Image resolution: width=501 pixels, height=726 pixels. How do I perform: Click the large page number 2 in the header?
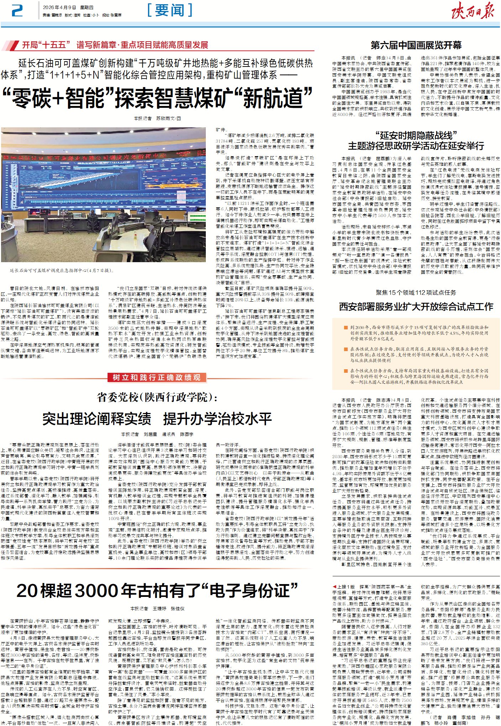point(17,11)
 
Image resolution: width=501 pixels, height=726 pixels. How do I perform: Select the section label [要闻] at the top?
point(170,10)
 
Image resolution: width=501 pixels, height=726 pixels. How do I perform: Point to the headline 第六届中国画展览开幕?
point(416,45)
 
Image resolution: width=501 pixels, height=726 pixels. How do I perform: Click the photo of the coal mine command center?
point(103,195)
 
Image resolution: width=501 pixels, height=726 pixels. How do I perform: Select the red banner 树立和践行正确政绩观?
point(157,377)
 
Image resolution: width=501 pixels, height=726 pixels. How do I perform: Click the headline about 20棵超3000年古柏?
point(157,591)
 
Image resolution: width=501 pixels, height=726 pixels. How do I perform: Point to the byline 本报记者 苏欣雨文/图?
point(157,118)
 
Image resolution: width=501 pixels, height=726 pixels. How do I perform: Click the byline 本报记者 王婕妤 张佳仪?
point(157,609)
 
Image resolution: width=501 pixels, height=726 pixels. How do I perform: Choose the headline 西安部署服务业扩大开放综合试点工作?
point(416,307)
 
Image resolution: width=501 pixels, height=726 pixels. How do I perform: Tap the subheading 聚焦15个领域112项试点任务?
point(416,292)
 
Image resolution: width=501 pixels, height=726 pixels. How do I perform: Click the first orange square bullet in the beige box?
point(345,327)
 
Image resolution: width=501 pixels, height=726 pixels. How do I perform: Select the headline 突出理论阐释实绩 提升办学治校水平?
point(157,419)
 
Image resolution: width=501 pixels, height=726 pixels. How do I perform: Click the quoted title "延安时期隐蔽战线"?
point(416,135)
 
